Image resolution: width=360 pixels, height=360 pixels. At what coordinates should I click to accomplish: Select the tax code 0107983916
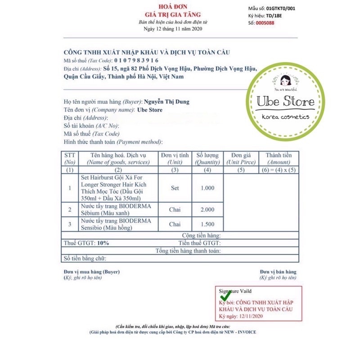[x=136, y=60]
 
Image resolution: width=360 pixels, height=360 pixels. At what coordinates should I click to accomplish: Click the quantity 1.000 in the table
[x=207, y=188]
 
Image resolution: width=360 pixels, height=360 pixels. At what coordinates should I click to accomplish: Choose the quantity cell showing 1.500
[x=207, y=225]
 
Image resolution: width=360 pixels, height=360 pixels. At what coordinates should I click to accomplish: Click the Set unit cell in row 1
[x=175, y=188]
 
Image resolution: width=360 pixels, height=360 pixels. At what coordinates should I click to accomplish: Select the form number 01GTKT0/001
[x=293, y=8]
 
